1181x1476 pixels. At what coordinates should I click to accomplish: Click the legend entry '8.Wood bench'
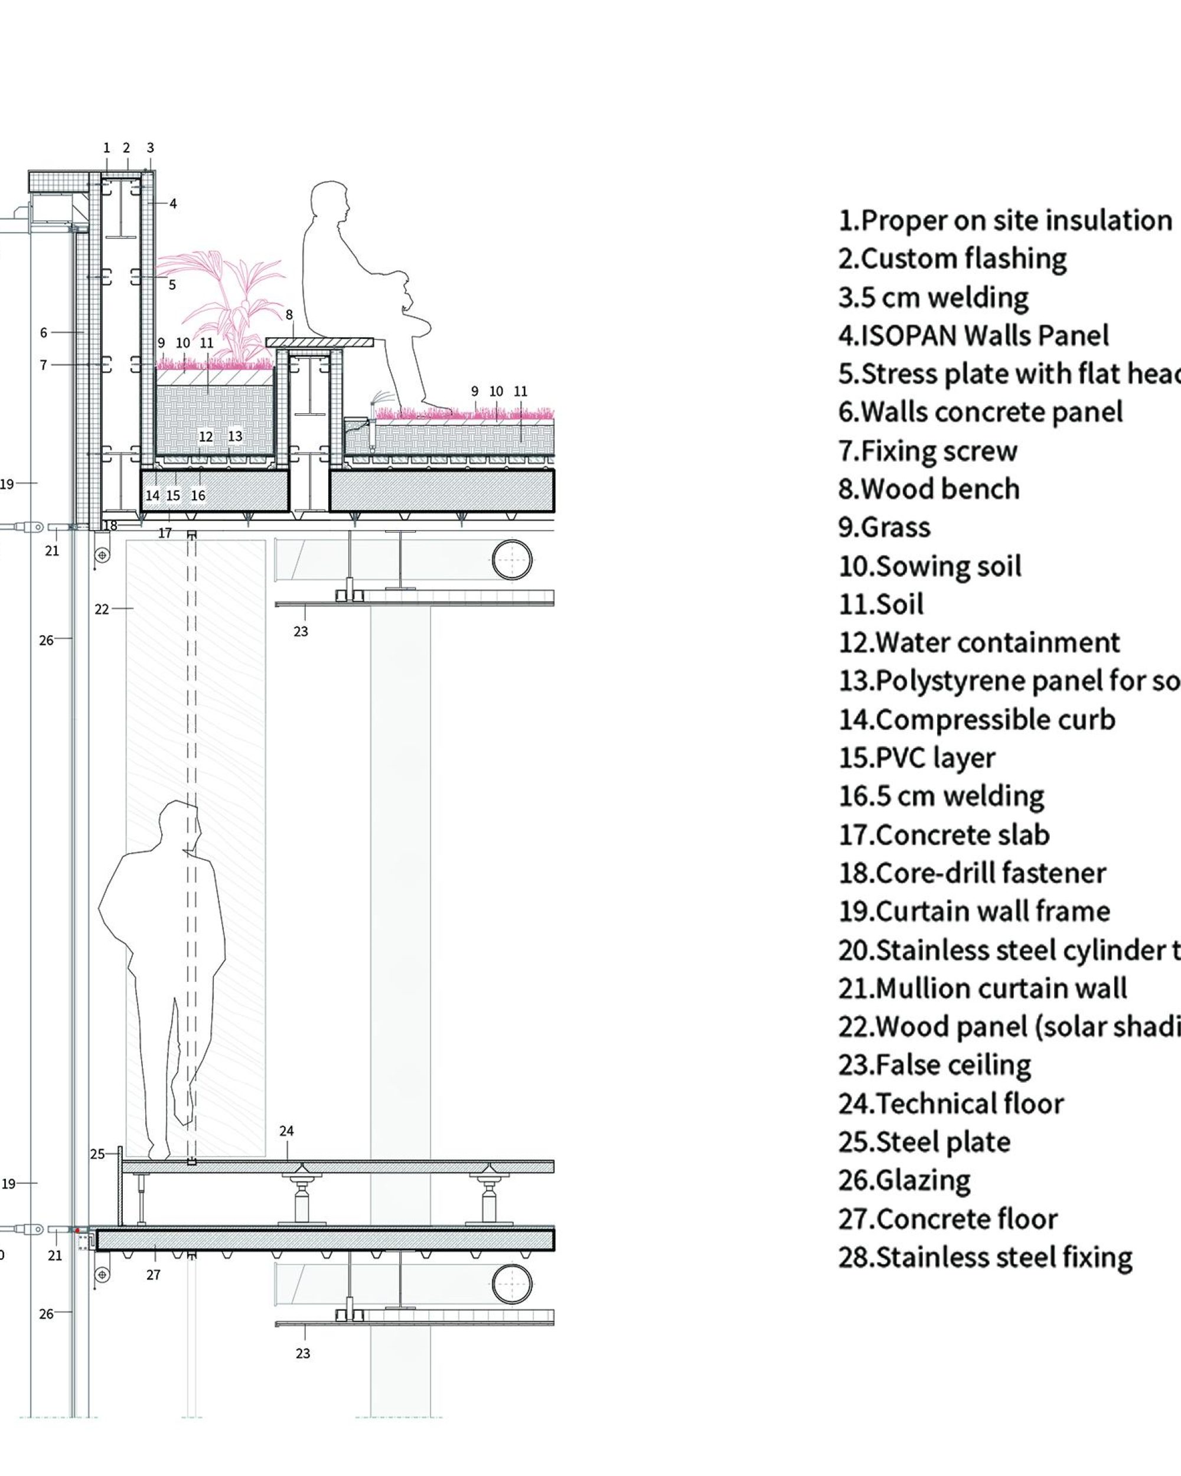[929, 489]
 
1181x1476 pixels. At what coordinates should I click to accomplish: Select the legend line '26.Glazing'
[905, 1180]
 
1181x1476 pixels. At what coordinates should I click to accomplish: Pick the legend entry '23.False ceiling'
[935, 1065]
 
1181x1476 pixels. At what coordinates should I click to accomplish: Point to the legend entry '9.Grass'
[884, 528]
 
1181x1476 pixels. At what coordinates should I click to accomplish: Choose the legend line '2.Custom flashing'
[952, 259]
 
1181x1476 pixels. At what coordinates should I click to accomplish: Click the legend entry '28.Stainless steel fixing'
[985, 1257]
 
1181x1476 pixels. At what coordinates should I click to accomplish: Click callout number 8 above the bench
[289, 315]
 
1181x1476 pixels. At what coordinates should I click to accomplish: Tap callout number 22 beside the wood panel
[102, 609]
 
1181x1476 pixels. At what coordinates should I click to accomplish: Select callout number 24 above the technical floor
[286, 1132]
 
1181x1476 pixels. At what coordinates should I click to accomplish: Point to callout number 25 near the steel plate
[97, 1154]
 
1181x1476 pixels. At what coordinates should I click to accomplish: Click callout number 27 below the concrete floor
[154, 1275]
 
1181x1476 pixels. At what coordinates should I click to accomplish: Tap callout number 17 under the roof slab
[165, 533]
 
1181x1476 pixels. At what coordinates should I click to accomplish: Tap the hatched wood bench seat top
[319, 342]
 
